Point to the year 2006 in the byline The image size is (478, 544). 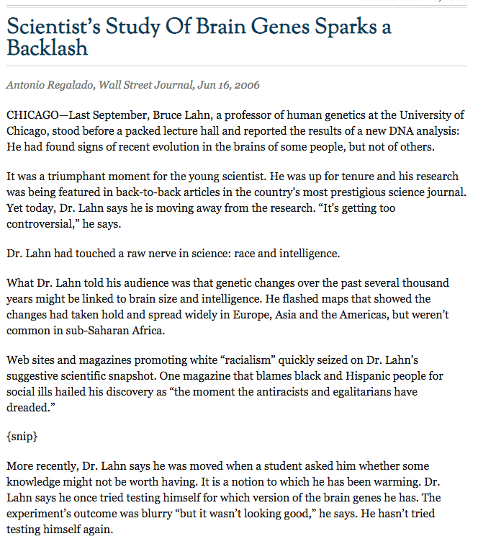pos(245,85)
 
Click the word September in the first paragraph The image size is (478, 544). pos(122,115)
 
